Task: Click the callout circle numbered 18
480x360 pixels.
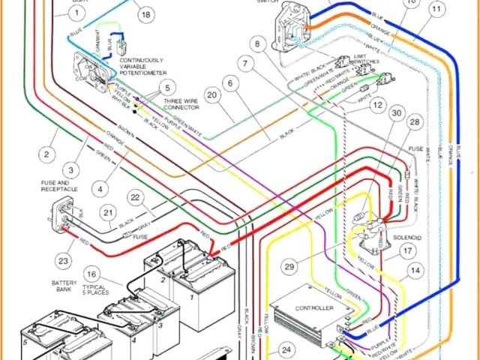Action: [x=145, y=14]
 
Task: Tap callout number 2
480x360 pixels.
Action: [x=46, y=155]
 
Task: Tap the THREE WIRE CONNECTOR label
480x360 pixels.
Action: [x=180, y=103]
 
